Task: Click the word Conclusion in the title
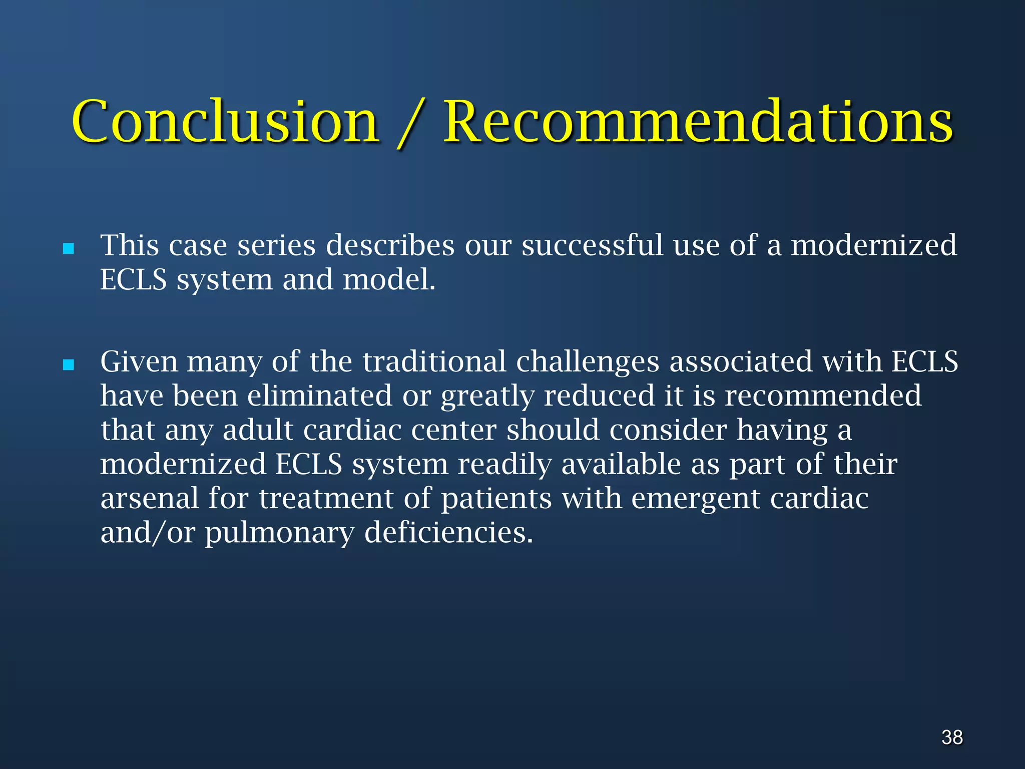[x=225, y=122]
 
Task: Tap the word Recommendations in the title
[x=698, y=122]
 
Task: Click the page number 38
[x=952, y=737]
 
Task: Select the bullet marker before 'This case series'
[x=69, y=249]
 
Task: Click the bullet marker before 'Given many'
[x=69, y=365]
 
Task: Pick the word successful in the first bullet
[x=592, y=245]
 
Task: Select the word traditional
[x=434, y=361]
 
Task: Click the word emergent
[x=695, y=499]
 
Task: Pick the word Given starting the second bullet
[x=139, y=361]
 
